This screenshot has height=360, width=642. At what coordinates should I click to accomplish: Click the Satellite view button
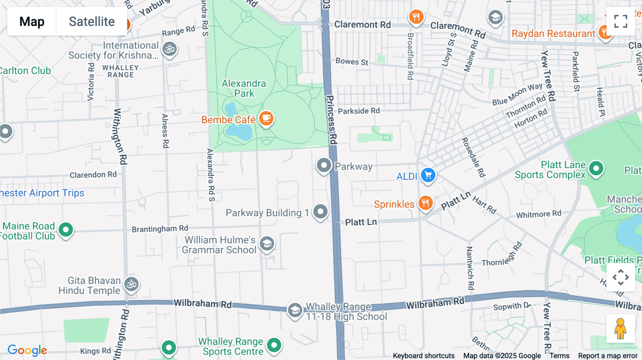92,21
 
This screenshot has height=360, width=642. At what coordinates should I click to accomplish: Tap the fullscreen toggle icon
621,21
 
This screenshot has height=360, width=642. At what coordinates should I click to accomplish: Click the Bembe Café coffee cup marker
266,118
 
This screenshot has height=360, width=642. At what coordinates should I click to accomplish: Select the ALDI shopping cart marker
428,175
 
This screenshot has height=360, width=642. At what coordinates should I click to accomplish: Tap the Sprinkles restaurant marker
425,203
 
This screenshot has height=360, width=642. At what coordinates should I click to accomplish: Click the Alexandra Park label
244,88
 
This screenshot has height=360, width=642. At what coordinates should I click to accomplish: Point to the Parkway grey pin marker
324,165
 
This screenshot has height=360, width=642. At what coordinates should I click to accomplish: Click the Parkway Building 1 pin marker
320,212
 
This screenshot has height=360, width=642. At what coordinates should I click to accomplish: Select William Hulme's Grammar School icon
267,244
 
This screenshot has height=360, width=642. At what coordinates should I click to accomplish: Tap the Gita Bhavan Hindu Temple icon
132,284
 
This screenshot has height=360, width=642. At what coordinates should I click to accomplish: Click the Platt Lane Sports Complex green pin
596,168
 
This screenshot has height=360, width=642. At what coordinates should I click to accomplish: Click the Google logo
27,350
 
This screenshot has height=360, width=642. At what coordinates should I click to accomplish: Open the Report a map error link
608,356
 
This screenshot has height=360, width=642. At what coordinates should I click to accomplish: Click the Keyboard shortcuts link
423,356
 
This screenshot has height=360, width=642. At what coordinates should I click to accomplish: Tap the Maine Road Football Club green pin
66,230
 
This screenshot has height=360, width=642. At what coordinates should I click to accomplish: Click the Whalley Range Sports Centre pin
274,345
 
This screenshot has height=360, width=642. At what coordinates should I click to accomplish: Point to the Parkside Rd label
359,111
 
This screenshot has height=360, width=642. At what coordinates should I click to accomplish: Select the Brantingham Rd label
160,228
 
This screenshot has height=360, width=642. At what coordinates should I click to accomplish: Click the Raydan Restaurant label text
553,34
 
